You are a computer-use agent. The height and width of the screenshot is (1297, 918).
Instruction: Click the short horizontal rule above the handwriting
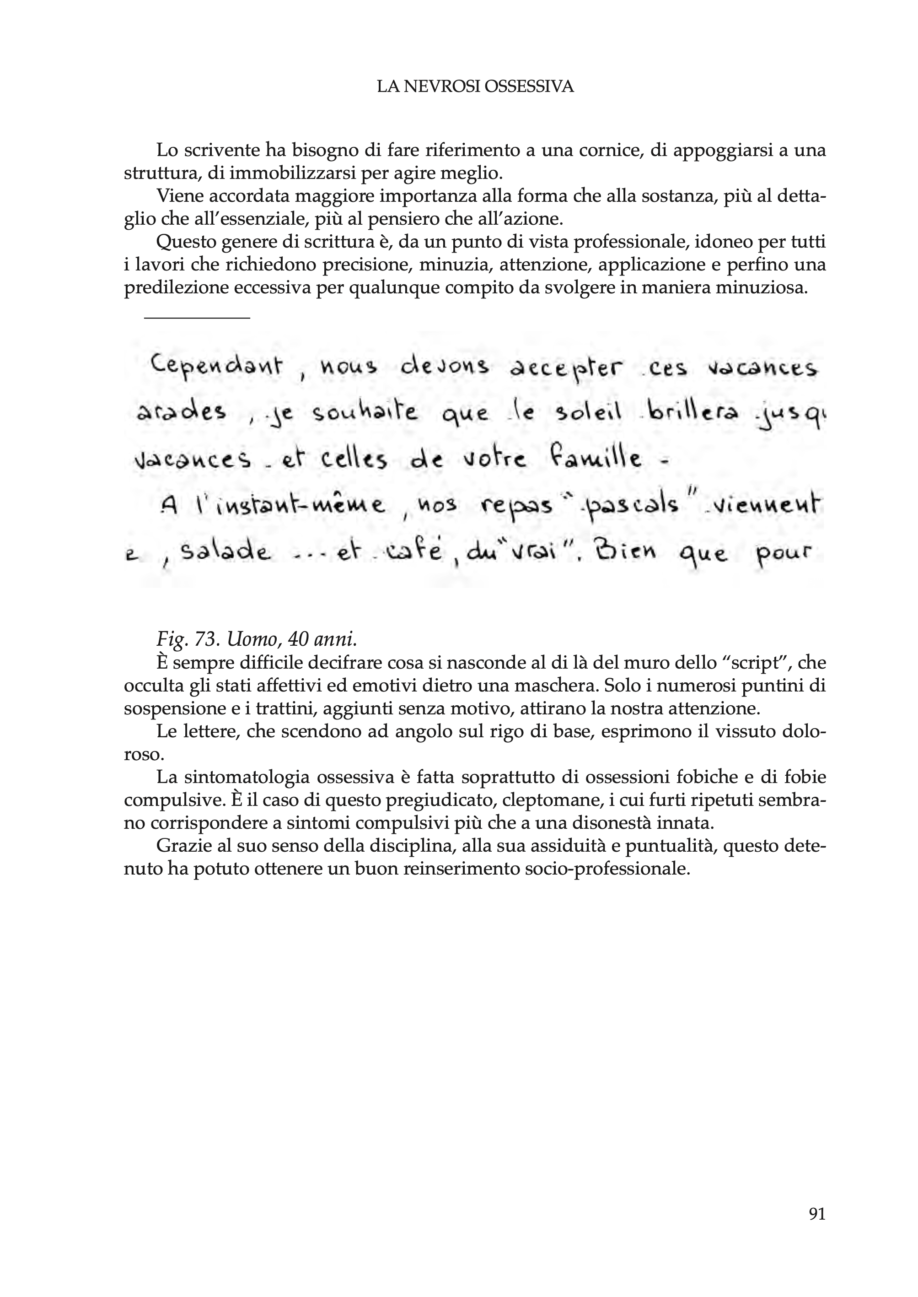click(197, 319)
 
